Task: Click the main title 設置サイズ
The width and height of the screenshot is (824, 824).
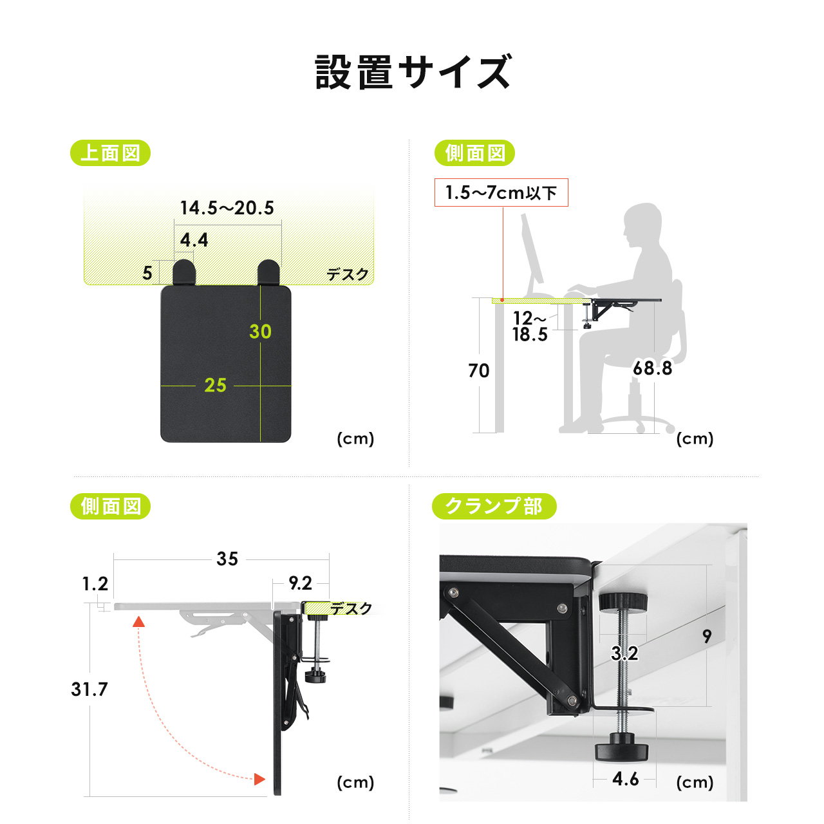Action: point(413,72)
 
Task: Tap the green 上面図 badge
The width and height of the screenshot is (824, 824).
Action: point(110,153)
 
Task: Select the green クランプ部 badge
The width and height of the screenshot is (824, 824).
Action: point(494,507)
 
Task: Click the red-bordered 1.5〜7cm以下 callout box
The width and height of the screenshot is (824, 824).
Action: point(501,192)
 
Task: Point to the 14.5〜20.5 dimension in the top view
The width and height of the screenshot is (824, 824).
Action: point(227,208)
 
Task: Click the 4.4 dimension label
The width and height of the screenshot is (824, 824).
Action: point(194,240)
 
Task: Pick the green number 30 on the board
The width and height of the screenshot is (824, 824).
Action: point(260,332)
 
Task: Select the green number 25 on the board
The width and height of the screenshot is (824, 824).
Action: point(215,385)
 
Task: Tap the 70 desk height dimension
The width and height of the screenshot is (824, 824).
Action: point(478,371)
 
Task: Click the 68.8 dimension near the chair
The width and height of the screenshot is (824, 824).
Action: point(652,368)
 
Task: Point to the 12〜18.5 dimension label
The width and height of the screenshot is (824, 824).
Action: point(530,326)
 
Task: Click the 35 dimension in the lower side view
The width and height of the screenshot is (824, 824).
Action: point(227,559)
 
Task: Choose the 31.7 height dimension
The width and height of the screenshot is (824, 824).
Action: point(89,689)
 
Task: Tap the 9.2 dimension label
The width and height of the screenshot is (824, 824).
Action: point(300,583)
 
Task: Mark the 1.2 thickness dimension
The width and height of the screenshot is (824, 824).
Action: point(95,584)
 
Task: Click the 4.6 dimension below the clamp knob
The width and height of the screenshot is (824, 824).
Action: point(625,779)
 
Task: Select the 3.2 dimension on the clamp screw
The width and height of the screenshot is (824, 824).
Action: point(624,653)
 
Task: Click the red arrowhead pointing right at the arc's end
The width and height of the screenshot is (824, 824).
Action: point(259,779)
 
